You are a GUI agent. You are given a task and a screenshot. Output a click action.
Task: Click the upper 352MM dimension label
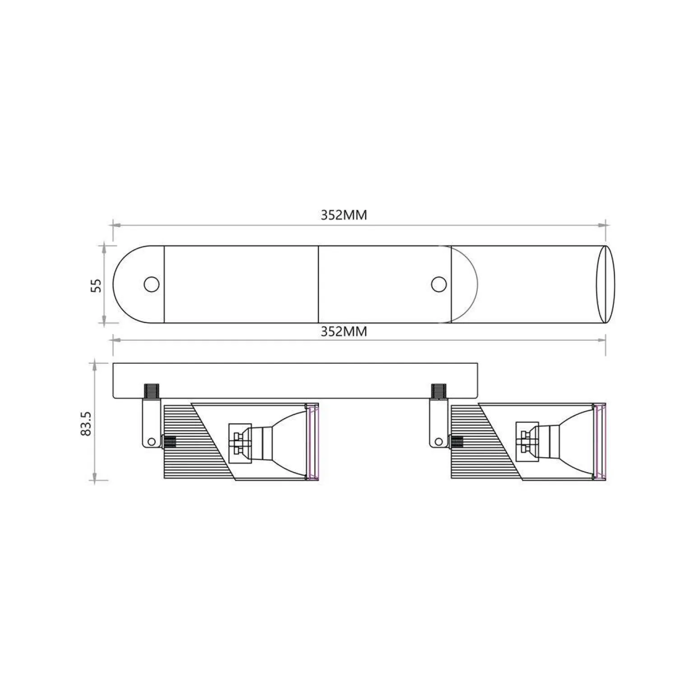tap(344, 215)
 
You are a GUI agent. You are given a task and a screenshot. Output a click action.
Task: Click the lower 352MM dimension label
tap(344, 332)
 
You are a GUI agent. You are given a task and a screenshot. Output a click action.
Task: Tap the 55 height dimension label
tap(96, 285)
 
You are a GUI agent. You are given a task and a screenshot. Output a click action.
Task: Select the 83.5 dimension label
tap(86, 423)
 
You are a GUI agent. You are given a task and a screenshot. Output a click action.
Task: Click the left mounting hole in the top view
tap(152, 284)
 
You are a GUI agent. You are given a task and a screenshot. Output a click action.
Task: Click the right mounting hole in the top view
tap(439, 284)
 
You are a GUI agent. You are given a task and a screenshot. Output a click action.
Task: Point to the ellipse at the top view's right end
tap(605, 284)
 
